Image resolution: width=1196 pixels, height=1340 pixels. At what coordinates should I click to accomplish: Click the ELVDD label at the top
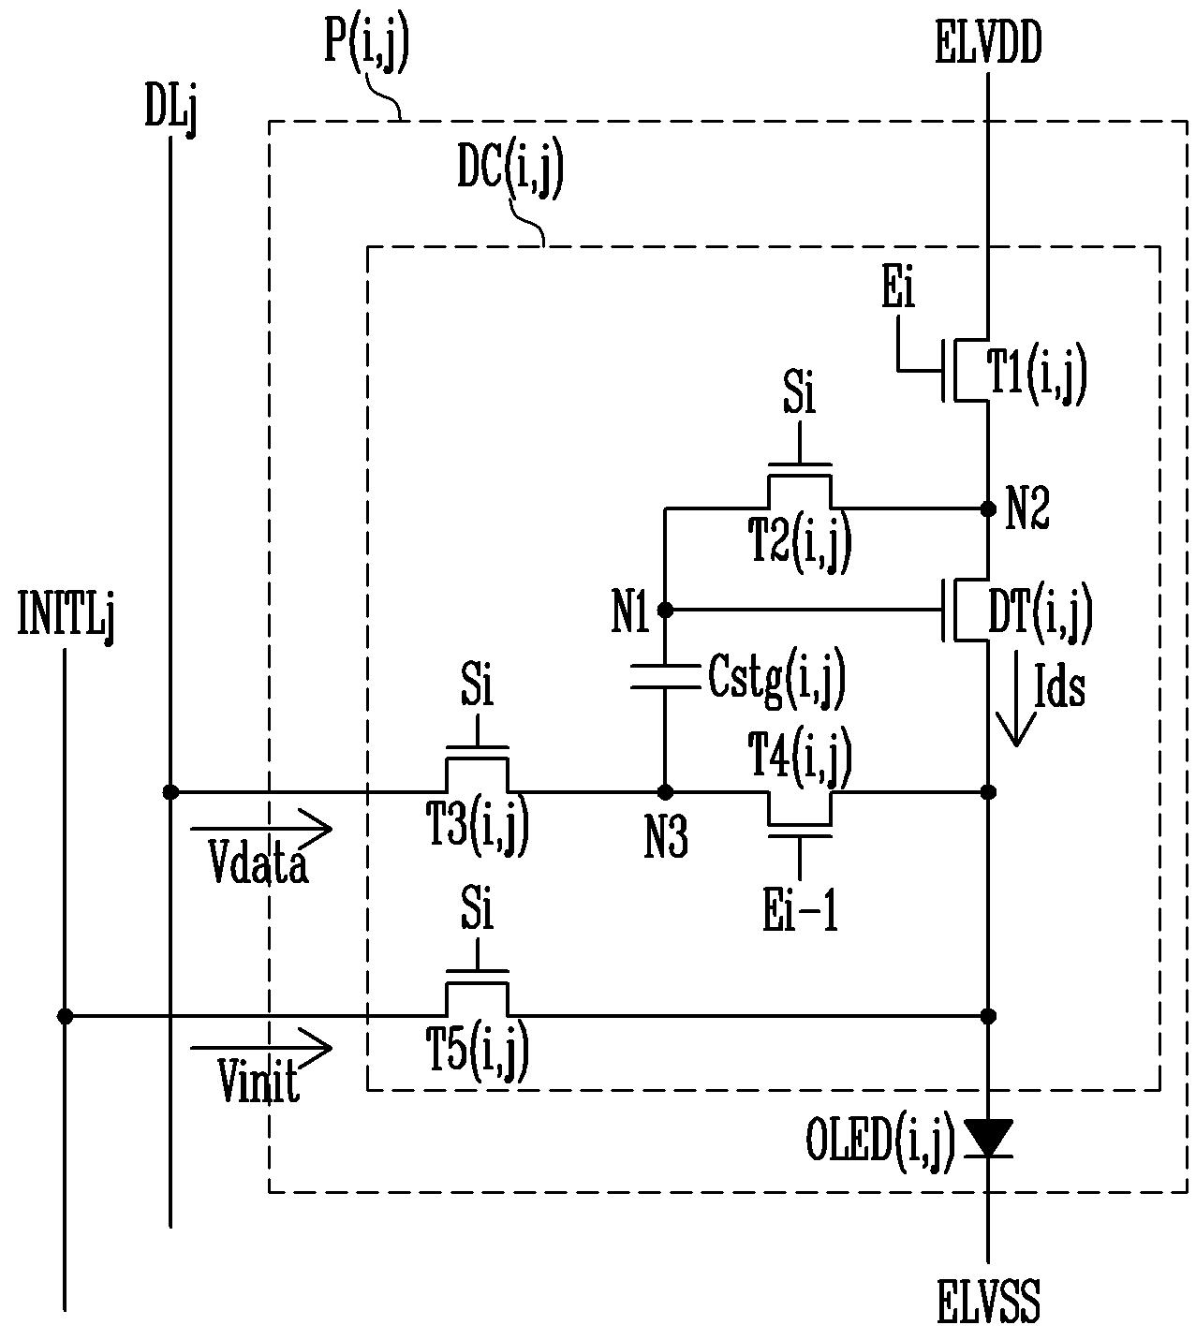point(988,42)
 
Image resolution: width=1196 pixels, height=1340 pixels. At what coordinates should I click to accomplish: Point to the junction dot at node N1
point(666,610)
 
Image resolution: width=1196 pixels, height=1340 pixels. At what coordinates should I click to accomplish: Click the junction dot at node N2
point(988,508)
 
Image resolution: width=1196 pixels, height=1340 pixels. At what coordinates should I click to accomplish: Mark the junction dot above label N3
point(666,791)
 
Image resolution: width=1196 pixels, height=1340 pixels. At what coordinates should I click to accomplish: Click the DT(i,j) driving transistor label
point(1040,612)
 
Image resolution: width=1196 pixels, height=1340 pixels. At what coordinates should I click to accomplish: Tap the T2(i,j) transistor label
point(799,543)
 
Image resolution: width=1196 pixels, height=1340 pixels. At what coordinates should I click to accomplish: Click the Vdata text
point(258,861)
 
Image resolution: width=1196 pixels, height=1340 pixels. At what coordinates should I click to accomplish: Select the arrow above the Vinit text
point(260,1048)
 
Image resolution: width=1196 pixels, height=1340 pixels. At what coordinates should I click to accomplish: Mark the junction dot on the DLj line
point(170,791)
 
